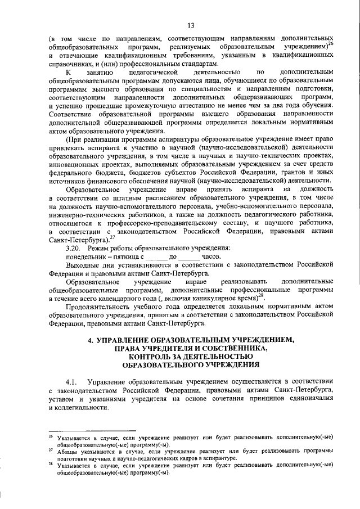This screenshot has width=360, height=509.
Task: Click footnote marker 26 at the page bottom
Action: pyautogui.click(x=51, y=435)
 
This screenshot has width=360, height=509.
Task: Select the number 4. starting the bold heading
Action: pyautogui.click(x=91, y=339)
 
